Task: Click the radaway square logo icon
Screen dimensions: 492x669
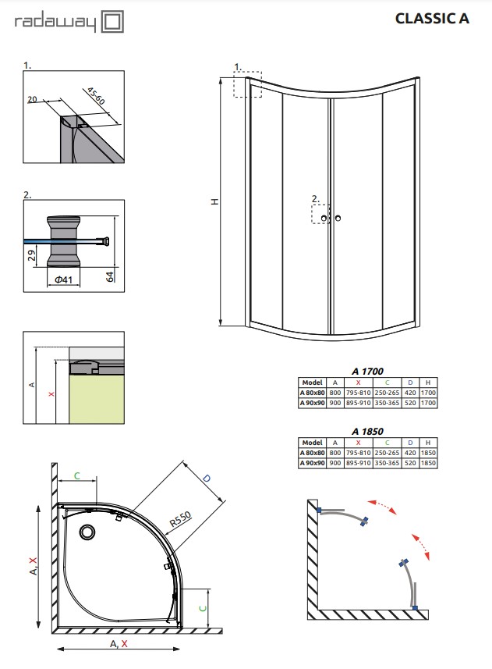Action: (112, 22)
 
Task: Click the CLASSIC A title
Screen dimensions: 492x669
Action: (432, 19)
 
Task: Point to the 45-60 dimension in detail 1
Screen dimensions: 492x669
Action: (96, 96)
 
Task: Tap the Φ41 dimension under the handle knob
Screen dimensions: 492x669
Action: (63, 280)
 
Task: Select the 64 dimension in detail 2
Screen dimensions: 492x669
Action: (110, 276)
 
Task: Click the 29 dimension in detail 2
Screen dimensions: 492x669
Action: (32, 255)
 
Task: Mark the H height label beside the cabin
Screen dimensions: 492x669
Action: (215, 201)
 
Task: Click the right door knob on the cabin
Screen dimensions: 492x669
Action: (338, 219)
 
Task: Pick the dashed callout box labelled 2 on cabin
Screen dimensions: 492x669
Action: (320, 214)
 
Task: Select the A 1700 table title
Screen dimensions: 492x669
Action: (367, 372)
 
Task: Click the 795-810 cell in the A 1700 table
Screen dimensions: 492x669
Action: (358, 393)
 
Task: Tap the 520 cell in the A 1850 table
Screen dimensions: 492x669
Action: (410, 463)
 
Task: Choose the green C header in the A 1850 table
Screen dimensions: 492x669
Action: (387, 443)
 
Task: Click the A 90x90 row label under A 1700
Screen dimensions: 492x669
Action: (312, 403)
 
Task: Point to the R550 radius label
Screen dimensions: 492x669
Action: (180, 519)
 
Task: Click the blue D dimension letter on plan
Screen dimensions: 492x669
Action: (207, 479)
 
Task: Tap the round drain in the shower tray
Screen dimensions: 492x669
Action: (87, 532)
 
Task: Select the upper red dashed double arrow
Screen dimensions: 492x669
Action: (382, 507)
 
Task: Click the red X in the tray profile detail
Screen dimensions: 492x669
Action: (51, 393)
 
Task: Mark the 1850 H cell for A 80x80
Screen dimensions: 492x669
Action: (428, 453)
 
